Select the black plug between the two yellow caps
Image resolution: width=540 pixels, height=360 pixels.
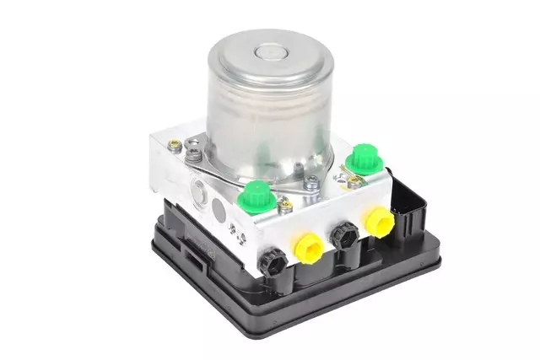pyautogui.click(x=343, y=236)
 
